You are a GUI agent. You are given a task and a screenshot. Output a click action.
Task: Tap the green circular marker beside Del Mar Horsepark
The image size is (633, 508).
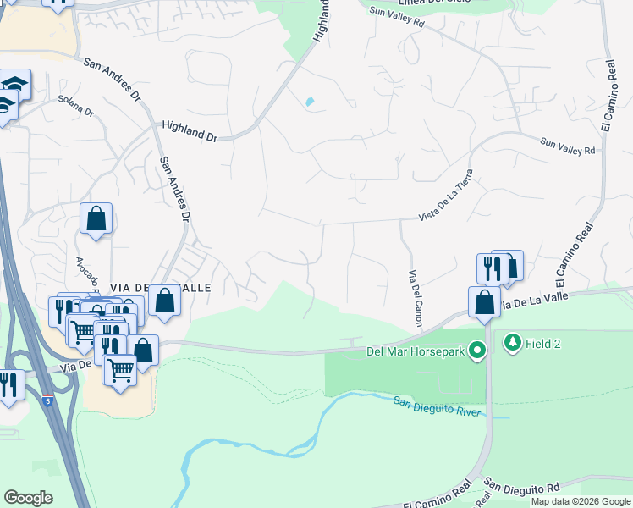479,350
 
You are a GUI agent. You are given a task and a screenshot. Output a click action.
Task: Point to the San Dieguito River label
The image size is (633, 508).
438,406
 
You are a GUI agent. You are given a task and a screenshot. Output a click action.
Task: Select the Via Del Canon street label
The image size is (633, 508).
415,299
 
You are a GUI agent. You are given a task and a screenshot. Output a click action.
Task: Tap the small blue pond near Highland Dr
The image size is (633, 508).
309,103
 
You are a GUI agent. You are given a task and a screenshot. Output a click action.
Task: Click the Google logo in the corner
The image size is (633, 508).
28,498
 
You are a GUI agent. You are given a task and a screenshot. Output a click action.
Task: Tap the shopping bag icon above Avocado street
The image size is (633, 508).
96,218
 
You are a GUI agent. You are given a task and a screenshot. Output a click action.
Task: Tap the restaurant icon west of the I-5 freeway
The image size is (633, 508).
8,385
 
